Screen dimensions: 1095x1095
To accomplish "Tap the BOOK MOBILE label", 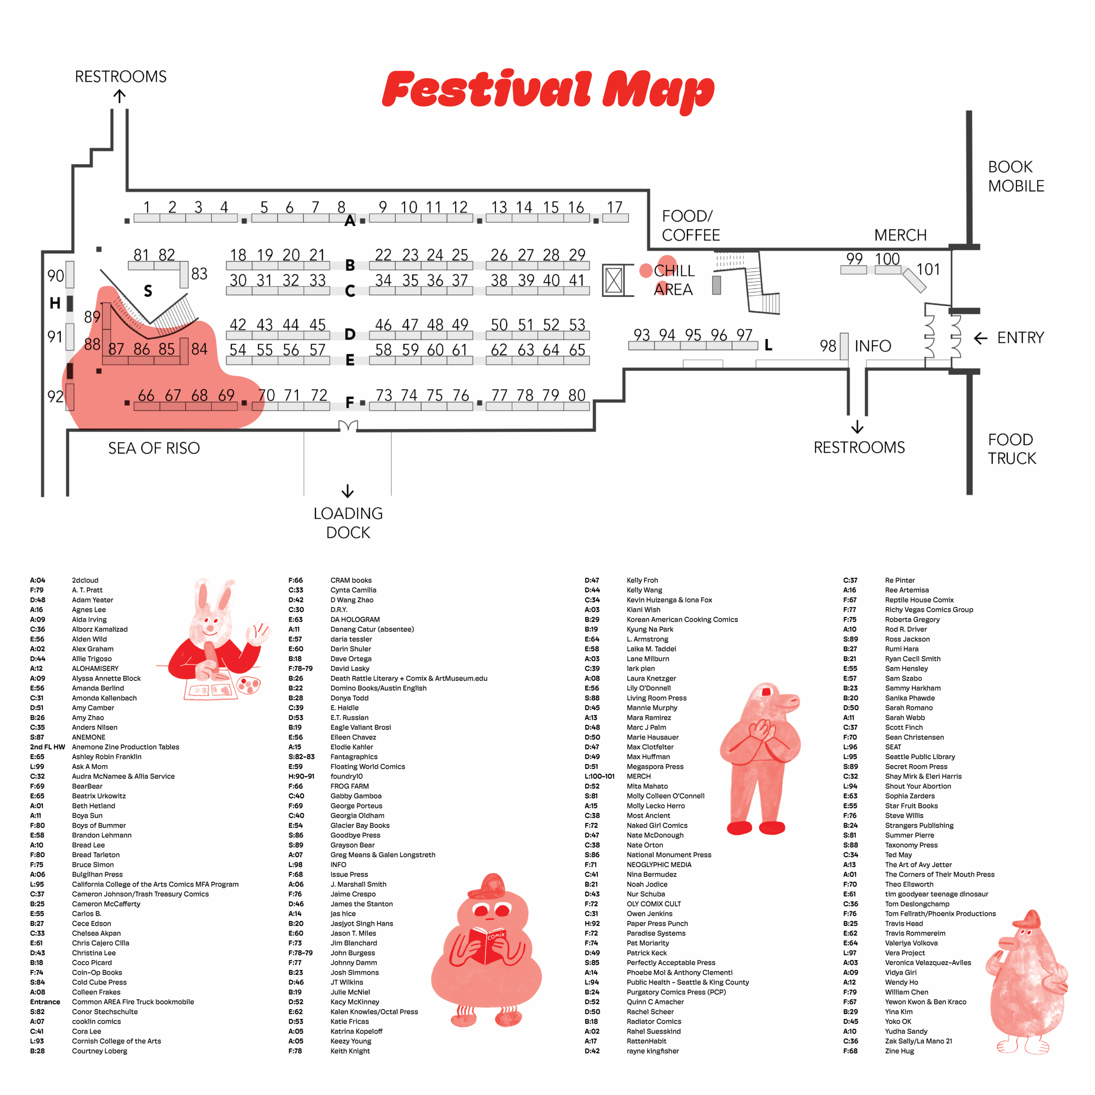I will pos(1015,176).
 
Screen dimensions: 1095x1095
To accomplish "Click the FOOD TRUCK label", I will pos(1011,449).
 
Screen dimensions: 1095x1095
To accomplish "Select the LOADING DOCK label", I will pos(348,523).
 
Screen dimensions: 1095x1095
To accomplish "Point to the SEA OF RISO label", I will pos(154,448).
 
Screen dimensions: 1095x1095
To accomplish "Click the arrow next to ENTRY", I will pos(980,338).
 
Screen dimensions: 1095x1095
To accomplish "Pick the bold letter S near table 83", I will pos(148,291).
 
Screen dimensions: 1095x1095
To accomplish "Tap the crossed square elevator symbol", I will pos(614,280).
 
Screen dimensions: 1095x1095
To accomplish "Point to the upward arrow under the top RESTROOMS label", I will pos(119,96).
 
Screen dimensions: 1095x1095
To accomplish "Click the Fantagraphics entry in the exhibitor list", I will pos(354,757).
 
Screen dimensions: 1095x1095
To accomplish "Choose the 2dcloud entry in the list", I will pos(85,580).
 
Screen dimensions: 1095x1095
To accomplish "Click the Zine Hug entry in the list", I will pos(899,1051).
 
